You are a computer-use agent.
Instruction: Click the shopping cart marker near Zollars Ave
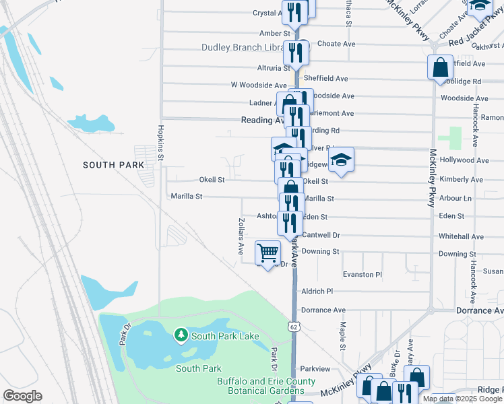(x=268, y=253)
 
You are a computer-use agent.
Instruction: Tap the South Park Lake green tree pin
(x=180, y=335)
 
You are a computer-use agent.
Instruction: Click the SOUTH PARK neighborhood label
(x=114, y=165)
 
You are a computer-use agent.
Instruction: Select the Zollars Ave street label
(x=241, y=235)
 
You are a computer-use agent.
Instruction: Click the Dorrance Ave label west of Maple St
(x=323, y=310)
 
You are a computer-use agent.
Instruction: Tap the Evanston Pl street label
(x=363, y=275)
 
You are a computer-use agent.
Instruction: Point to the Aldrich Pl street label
(x=318, y=292)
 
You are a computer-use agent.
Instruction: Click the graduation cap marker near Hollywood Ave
(x=342, y=160)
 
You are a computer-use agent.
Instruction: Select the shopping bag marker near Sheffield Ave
(x=440, y=67)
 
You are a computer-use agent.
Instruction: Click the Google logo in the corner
(x=22, y=396)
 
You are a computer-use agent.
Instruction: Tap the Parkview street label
(x=315, y=369)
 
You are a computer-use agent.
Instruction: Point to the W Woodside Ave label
(x=259, y=86)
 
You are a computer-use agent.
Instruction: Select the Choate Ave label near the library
(x=336, y=44)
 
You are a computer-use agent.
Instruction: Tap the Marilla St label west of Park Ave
(x=187, y=197)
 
